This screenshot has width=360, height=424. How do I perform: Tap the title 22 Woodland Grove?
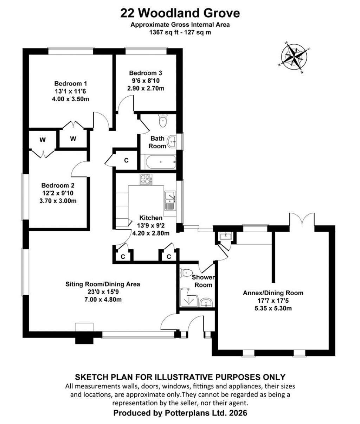pos(180,13)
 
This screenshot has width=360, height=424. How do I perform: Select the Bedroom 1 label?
pos(70,84)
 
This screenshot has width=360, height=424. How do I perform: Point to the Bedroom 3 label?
pos(145,73)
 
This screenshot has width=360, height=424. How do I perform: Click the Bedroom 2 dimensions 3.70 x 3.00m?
pos(58,201)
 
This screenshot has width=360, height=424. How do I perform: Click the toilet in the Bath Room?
pos(163,121)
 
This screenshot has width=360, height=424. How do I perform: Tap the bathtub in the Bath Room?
pos(158,162)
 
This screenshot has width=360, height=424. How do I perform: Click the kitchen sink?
pos(169,201)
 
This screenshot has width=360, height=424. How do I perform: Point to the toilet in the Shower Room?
pos(186,272)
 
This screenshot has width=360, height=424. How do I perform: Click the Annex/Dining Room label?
pos(273,293)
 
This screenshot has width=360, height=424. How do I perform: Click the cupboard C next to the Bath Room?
pos(126,161)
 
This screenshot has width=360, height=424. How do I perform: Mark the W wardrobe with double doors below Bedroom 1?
pos(73,139)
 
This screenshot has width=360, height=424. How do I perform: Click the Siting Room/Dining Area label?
pos(103,284)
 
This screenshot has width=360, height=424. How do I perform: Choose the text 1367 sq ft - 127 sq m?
pos(180,32)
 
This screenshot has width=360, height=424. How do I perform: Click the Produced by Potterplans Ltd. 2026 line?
pos(180,413)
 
